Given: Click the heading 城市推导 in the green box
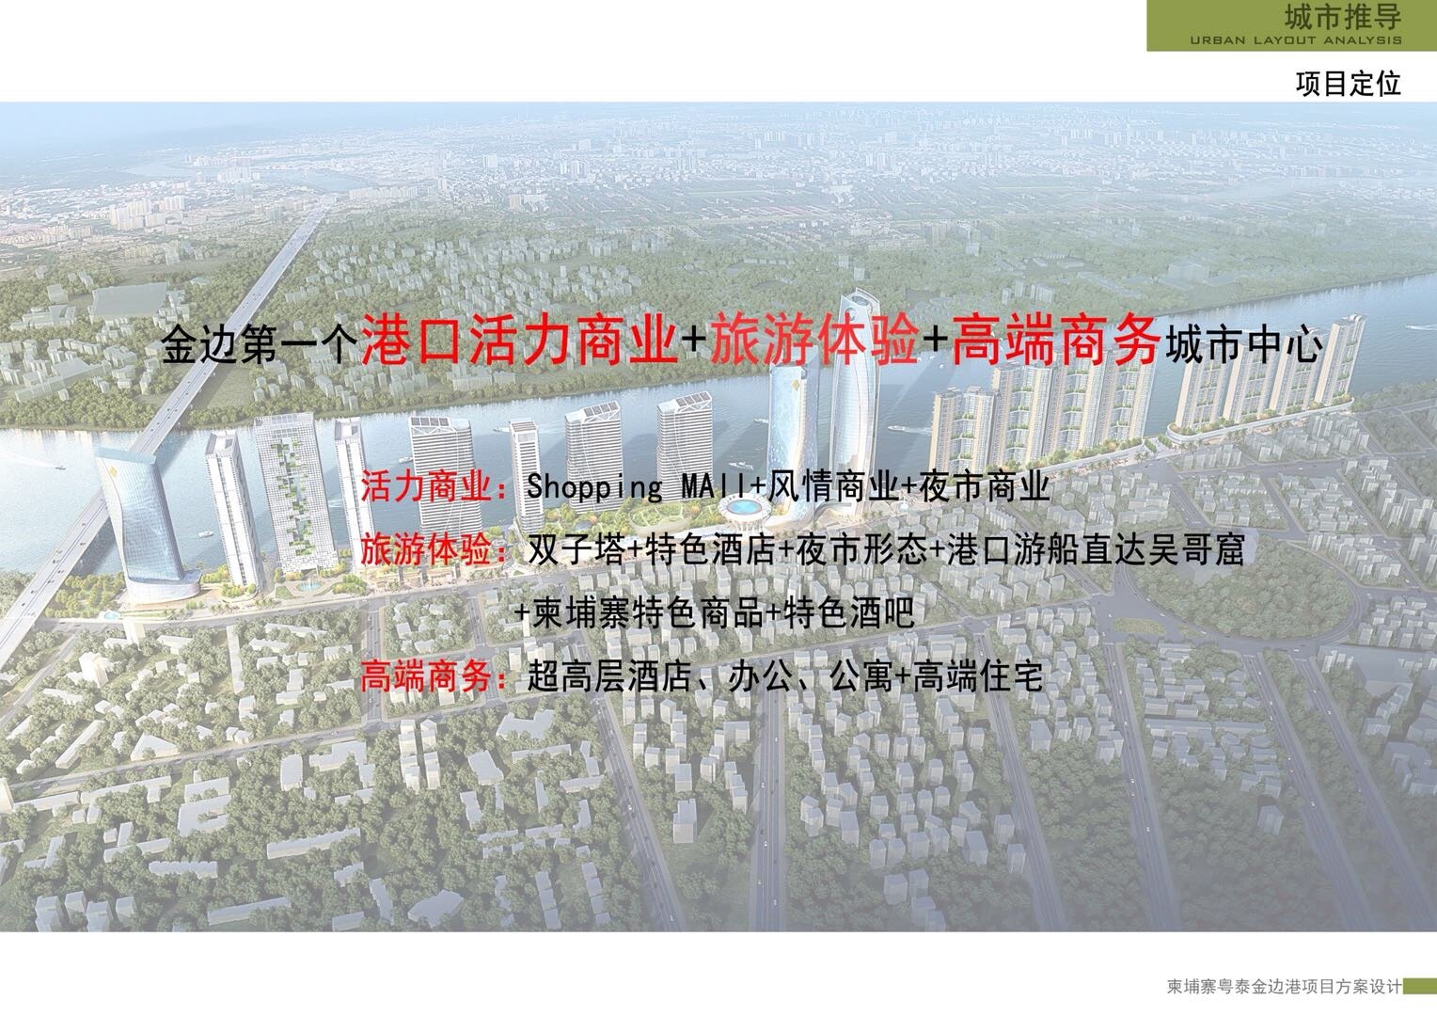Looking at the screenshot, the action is [1343, 18].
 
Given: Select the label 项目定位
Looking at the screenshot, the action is [1348, 84].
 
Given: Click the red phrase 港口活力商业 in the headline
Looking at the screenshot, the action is [520, 344].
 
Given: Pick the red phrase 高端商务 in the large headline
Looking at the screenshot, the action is [1055, 344].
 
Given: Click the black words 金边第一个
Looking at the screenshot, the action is [260, 347].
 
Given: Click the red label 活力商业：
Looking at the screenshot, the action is [434, 488].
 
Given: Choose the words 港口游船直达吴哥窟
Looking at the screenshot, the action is [1095, 550].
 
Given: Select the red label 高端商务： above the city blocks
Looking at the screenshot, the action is [434, 677].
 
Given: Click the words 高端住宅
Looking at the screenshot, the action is [978, 677].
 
